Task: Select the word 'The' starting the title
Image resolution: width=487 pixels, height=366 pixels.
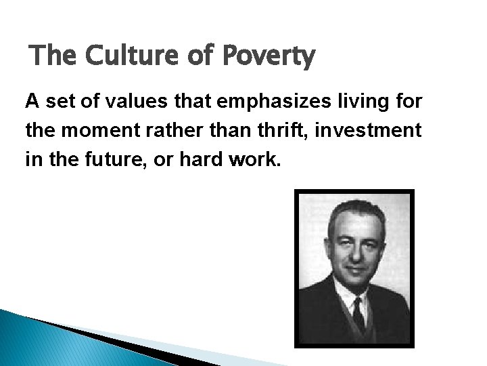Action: pos(53,56)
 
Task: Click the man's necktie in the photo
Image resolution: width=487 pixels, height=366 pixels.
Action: pos(358,314)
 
